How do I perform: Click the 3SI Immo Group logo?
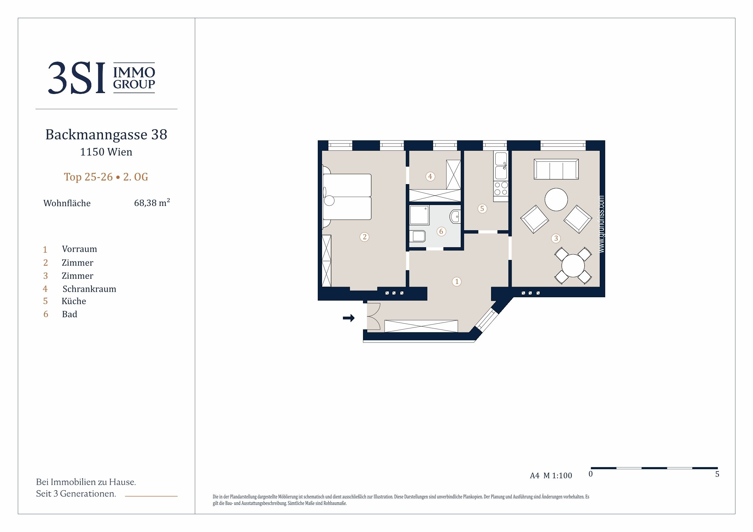click(102, 78)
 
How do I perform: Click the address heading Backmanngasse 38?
click(106, 134)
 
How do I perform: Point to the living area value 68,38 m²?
click(152, 203)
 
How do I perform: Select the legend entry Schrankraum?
click(89, 289)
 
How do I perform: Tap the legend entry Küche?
click(74, 301)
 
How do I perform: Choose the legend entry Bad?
click(70, 314)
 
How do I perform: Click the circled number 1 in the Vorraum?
click(456, 281)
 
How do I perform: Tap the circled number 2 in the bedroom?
click(365, 237)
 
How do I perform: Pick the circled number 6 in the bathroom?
click(441, 231)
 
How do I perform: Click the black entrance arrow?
click(349, 318)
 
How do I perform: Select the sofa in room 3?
click(556, 169)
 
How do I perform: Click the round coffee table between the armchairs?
click(556, 199)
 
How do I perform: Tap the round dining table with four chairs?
click(573, 265)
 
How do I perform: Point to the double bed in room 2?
click(347, 197)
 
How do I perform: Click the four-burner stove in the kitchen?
click(501, 189)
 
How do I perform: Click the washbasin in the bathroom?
click(455, 217)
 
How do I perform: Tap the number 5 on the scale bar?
click(717, 474)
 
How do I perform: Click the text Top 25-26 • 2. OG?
click(106, 177)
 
